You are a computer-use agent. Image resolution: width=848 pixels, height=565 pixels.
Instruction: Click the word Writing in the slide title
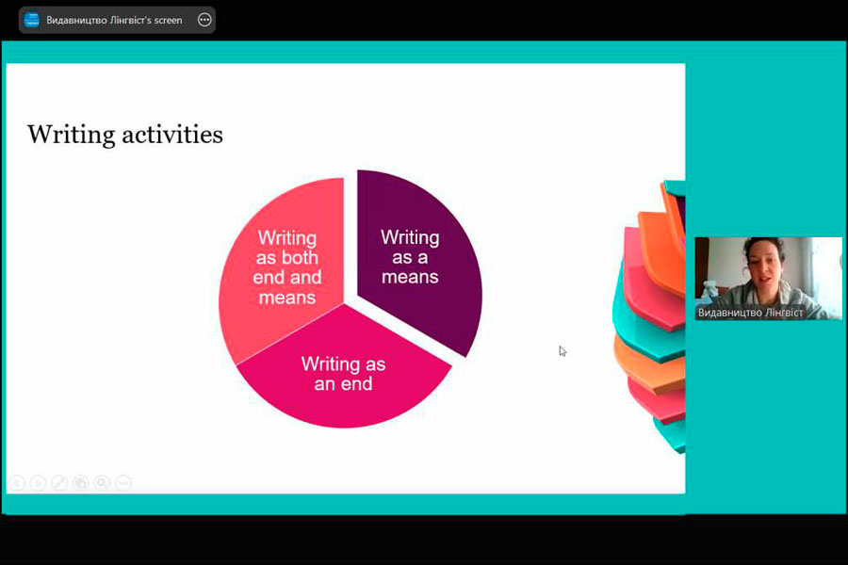click(72, 135)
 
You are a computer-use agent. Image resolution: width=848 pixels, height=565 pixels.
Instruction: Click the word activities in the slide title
click(172, 134)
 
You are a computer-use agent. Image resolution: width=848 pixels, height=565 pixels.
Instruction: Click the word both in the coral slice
click(302, 257)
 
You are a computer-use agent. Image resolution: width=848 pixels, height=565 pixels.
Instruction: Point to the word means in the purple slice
click(410, 278)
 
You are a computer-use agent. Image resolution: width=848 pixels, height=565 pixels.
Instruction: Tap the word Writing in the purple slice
click(410, 238)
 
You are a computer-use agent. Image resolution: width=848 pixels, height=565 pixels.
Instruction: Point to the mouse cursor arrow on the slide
click(563, 351)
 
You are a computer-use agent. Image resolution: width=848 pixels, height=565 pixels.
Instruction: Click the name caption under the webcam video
click(750, 313)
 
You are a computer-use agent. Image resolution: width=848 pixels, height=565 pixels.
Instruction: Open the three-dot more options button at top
click(204, 20)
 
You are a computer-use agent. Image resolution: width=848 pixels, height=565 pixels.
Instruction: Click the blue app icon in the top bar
click(32, 20)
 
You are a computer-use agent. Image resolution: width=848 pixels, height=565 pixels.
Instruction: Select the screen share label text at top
click(114, 20)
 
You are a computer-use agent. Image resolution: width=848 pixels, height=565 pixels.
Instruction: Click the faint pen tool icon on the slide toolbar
click(59, 482)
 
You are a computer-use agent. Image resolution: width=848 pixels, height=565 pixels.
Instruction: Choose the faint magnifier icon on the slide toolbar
click(102, 482)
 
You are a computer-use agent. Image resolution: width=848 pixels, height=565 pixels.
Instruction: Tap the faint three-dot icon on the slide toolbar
click(123, 482)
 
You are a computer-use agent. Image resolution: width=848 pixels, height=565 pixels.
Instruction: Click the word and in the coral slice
click(306, 278)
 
